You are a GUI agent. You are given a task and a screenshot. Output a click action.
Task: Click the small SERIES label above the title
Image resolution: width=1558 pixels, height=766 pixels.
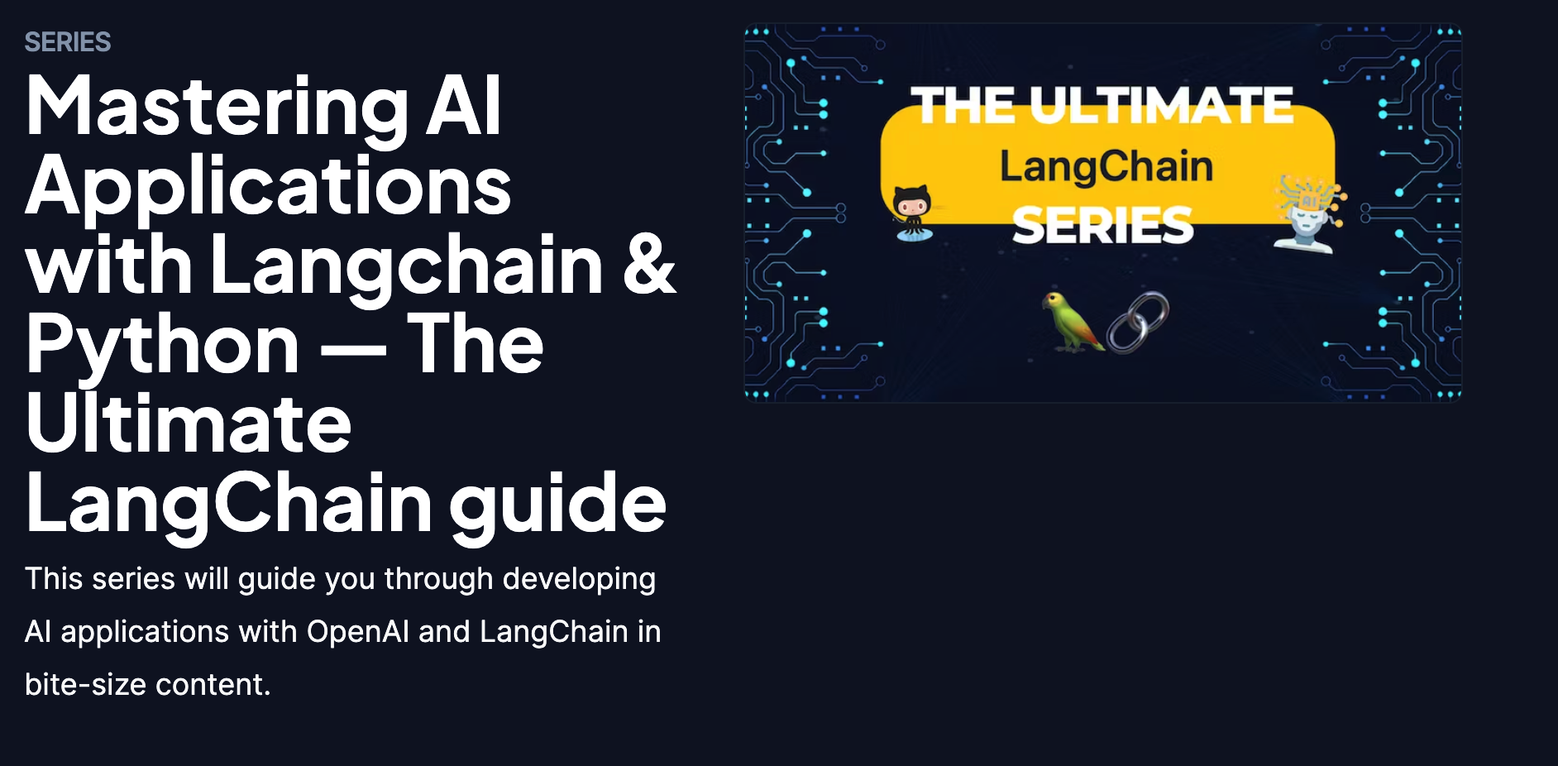click(x=68, y=42)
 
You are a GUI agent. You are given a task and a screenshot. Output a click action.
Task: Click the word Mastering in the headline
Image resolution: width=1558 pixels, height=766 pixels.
click(x=217, y=108)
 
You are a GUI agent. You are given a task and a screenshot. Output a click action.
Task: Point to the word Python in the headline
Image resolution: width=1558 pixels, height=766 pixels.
click(x=163, y=347)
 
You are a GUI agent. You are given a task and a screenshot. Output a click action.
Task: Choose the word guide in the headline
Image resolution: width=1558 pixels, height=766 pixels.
click(x=557, y=505)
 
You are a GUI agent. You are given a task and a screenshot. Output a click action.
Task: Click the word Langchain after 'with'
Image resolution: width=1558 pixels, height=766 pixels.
click(x=408, y=267)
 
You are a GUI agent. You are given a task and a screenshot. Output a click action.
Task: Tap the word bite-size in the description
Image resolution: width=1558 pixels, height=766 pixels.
click(x=86, y=685)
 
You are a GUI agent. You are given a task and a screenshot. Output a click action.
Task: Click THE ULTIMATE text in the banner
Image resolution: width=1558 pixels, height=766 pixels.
click(x=1102, y=106)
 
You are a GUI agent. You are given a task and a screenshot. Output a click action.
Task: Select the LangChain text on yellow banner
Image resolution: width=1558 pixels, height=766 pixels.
click(x=1106, y=167)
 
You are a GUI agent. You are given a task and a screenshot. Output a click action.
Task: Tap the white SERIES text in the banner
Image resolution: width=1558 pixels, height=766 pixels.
click(x=1103, y=226)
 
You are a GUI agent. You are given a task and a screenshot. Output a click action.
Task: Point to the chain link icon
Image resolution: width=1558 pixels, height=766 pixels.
click(x=1138, y=322)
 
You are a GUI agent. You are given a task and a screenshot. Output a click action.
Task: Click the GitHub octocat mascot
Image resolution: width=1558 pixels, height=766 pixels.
click(x=912, y=213)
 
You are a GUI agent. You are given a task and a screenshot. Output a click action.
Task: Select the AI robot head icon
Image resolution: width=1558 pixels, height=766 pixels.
click(x=1310, y=213)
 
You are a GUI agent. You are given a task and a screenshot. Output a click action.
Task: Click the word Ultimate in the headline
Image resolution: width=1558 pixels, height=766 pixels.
click(x=189, y=425)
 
